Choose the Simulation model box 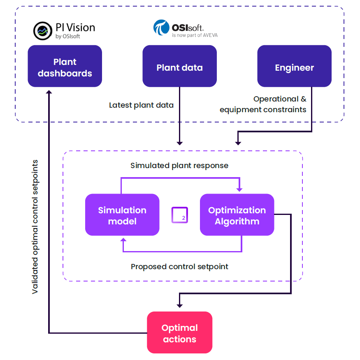click(x=122, y=215)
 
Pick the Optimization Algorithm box click(x=237, y=215)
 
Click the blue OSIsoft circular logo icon click(x=161, y=28)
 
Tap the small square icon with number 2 click(x=180, y=215)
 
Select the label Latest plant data click(x=141, y=105)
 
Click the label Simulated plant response click(x=179, y=166)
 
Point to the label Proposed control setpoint click(x=179, y=267)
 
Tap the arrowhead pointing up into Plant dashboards click(x=49, y=92)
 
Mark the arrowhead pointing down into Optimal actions click(x=179, y=305)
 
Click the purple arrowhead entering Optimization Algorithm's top click(x=240, y=189)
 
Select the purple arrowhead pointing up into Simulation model click(x=123, y=240)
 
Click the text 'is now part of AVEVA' click(x=195, y=35)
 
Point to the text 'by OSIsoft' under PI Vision click(x=67, y=37)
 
